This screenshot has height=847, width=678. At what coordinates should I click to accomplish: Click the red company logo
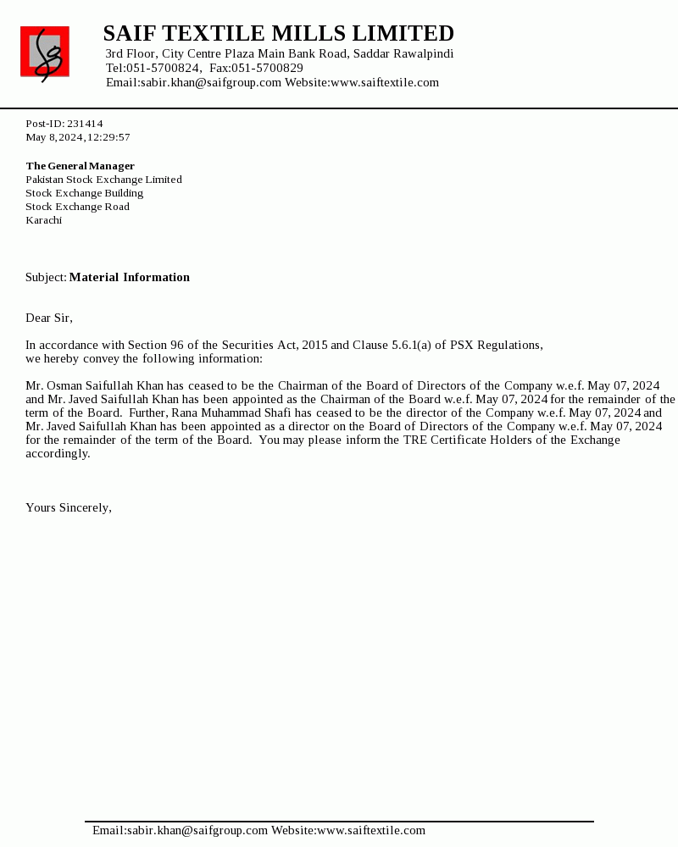pos(45,53)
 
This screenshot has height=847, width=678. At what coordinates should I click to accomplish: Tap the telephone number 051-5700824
pos(164,68)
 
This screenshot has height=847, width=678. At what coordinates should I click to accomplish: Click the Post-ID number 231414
pos(85,124)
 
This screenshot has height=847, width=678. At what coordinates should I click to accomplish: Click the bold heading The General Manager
pos(80,166)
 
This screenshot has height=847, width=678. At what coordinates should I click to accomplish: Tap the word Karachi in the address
pos(43,220)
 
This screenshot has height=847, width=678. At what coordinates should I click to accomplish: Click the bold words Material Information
pos(130,277)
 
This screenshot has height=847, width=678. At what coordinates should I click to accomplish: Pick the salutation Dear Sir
pos(48,318)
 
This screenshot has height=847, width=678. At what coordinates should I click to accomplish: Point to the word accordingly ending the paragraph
pos(57,453)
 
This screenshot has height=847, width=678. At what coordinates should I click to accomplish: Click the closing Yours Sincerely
pos(68,507)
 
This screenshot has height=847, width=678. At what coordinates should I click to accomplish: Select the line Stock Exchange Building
pos(84,193)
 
